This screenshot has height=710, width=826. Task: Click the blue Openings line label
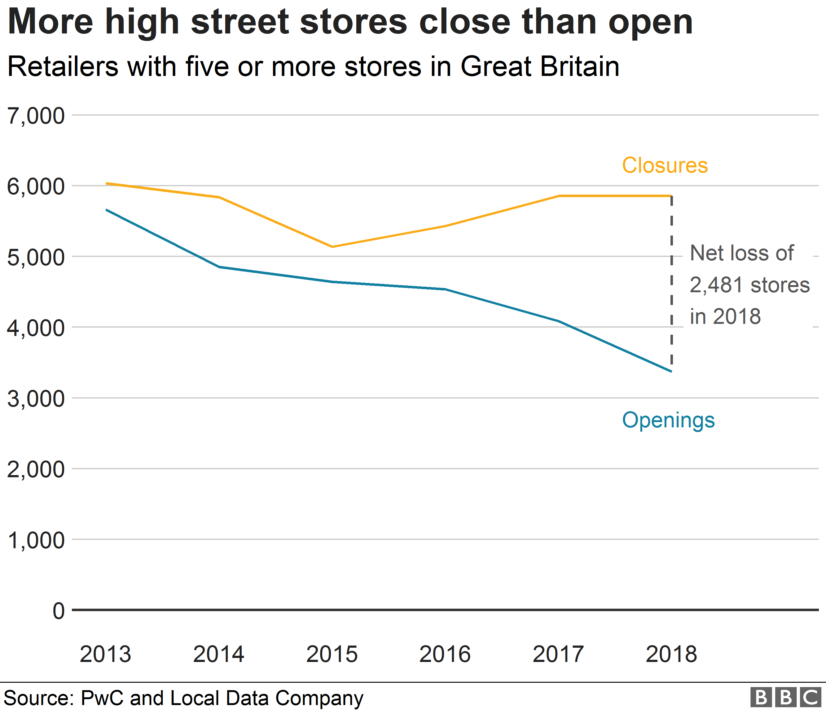coord(668,421)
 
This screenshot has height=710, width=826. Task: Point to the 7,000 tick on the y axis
coord(36,116)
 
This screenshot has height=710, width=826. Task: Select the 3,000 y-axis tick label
coord(36,398)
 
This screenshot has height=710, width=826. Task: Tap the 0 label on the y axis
coord(59,611)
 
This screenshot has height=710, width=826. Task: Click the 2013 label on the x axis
coord(105,654)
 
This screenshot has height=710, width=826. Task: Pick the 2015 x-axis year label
coord(332,654)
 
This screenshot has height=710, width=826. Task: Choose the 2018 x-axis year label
coord(671,654)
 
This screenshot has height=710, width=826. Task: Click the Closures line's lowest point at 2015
coord(332,247)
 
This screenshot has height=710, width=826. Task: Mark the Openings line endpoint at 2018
coord(671,371)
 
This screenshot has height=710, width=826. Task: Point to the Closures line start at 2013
coord(107,183)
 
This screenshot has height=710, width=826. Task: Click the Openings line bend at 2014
coord(219,267)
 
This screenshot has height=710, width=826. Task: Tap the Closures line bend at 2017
coord(559,196)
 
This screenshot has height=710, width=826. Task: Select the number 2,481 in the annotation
coord(716,285)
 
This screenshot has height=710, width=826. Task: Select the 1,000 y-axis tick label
coord(36,540)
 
